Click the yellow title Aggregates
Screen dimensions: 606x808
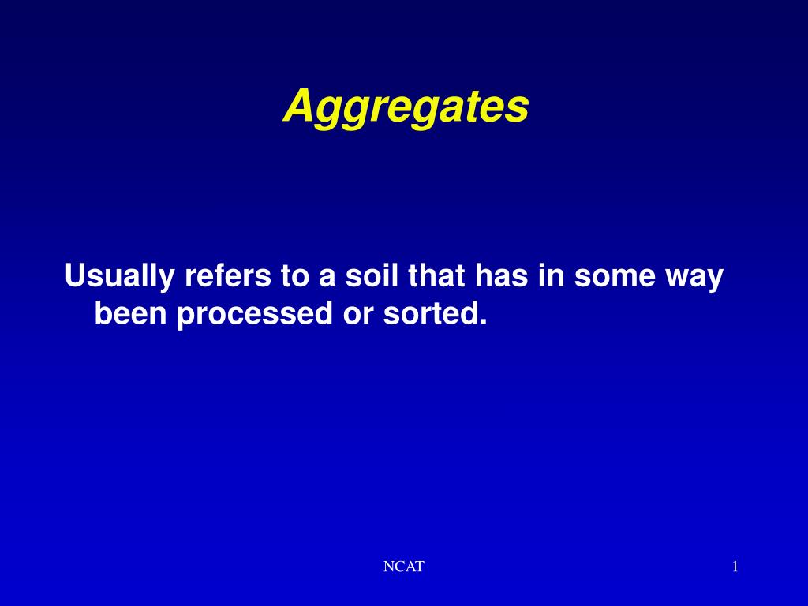click(x=406, y=107)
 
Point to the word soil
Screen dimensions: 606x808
click(x=369, y=277)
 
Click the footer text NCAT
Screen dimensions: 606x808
click(x=403, y=567)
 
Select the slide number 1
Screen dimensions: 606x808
click(x=735, y=567)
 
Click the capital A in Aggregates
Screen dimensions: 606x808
click(x=297, y=106)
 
